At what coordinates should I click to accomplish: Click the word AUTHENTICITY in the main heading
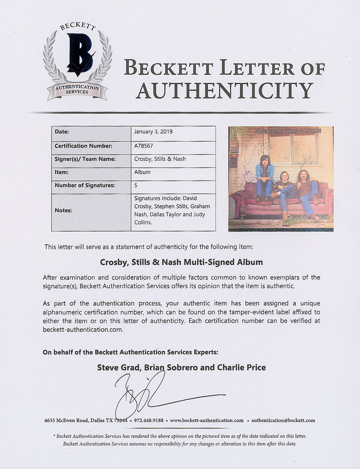click(224, 90)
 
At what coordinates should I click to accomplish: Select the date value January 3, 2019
click(153, 132)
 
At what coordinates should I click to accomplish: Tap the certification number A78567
click(144, 145)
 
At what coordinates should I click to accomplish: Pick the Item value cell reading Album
click(142, 172)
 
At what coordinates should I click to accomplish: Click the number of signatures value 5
click(136, 185)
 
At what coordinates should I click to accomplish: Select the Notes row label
click(63, 211)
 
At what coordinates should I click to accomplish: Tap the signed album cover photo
click(281, 178)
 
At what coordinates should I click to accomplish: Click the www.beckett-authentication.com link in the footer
click(207, 420)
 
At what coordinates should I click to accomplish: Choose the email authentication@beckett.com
click(283, 420)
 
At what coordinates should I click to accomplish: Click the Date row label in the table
click(62, 132)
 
